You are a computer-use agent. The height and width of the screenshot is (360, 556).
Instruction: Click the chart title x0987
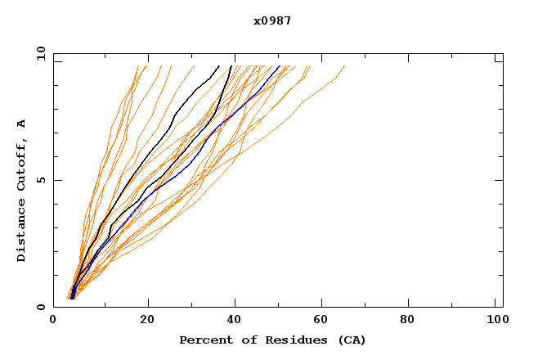[x=272, y=20]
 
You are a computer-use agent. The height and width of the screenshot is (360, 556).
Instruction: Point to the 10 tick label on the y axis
[x=39, y=53]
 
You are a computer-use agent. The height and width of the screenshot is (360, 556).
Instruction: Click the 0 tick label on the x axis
[x=53, y=322]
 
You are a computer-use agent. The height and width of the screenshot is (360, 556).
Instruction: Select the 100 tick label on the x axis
[x=495, y=322]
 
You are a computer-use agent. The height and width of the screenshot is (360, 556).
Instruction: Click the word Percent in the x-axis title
[x=204, y=340]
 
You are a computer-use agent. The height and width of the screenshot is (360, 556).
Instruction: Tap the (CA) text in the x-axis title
[x=352, y=340]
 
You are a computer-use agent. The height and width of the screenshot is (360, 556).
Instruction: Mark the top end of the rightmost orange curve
[x=344, y=66]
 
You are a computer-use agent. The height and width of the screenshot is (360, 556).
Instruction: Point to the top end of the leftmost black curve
[x=218, y=66]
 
